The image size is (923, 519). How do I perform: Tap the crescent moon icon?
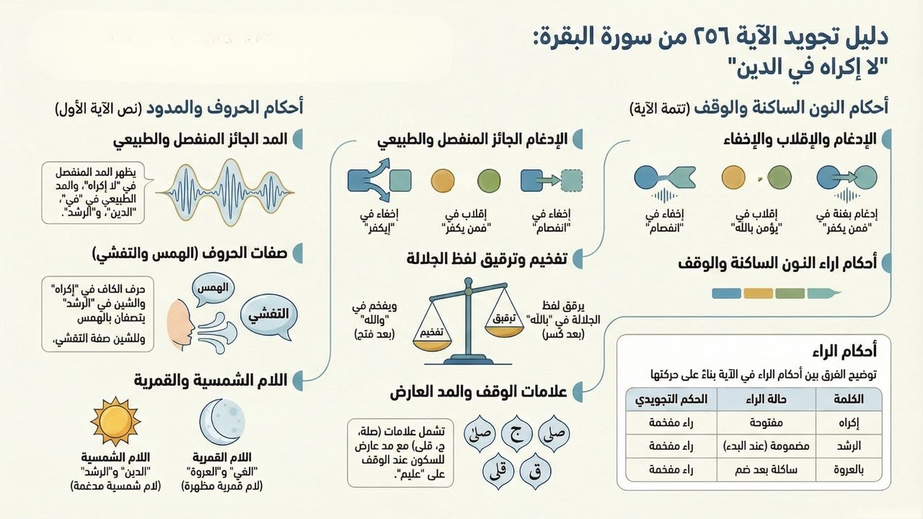coord(223,423)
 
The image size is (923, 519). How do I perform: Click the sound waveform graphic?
coord(228,190)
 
